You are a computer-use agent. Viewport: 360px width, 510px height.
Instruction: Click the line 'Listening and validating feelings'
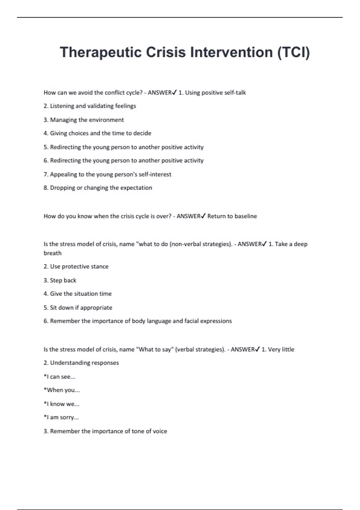click(90, 106)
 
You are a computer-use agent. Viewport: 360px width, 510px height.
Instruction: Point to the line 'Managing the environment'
click(84, 120)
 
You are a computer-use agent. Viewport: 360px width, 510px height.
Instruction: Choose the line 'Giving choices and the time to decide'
click(97, 133)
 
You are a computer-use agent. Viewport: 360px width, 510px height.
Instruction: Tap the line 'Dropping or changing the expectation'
click(98, 188)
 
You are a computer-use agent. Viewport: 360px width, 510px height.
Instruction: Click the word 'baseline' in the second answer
click(246, 216)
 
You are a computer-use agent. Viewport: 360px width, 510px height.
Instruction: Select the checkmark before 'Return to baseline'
click(203, 216)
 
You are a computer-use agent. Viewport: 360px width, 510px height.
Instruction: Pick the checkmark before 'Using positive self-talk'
click(175, 92)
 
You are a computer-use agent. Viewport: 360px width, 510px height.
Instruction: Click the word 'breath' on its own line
click(52, 253)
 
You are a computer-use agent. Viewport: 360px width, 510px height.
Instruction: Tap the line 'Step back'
click(60, 280)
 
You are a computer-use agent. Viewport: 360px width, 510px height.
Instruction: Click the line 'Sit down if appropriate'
click(78, 307)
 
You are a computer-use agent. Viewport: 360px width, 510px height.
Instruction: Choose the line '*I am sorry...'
click(61, 417)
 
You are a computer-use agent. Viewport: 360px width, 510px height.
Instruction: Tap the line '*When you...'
click(62, 390)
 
